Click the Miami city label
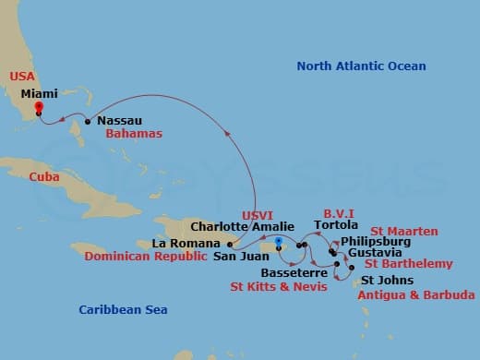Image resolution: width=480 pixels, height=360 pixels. click(x=38, y=93)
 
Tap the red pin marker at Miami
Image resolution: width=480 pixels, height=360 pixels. click(x=38, y=106)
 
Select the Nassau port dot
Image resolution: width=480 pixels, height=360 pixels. click(x=87, y=121)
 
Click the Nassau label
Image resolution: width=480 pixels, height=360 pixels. click(x=120, y=120)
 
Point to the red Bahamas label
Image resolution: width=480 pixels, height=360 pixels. click(x=134, y=134)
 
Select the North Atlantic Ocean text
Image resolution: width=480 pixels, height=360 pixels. click(x=361, y=66)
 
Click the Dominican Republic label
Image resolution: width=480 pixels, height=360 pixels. click(x=143, y=257)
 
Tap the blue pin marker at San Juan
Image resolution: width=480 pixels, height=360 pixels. click(x=277, y=242)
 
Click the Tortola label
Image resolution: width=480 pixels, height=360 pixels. click(x=336, y=225)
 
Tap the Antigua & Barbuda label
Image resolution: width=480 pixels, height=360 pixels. click(x=415, y=295)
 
